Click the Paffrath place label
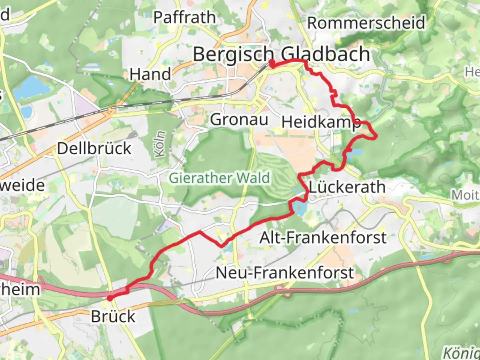click(184, 17)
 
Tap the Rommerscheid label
click(366, 23)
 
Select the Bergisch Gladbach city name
click(281, 54)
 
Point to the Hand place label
click(150, 74)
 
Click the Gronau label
click(239, 119)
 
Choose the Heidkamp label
click(321, 122)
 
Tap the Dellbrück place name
click(94, 148)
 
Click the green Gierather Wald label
click(219, 178)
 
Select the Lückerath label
click(347, 187)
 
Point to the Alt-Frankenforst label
click(323, 238)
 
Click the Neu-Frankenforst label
click(284, 273)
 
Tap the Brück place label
click(113, 316)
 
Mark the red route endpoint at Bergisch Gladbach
click(272, 63)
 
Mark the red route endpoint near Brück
click(110, 298)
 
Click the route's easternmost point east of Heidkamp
click(376, 136)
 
